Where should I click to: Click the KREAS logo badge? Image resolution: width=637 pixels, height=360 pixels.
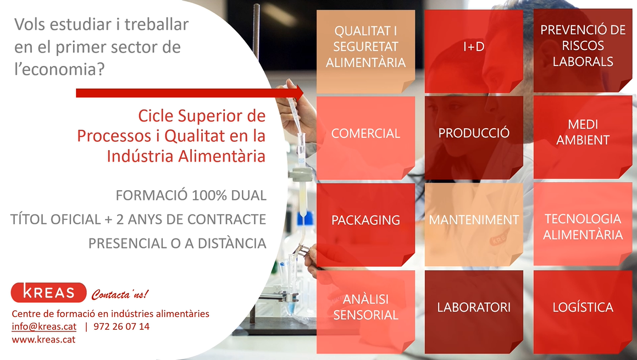tap(49, 292)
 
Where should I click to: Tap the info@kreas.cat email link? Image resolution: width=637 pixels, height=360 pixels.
tap(44, 326)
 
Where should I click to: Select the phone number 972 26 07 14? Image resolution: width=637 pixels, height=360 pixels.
tap(121, 326)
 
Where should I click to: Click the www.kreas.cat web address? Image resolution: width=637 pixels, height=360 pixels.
tap(43, 340)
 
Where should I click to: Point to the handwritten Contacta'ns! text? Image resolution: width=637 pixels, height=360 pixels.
tap(120, 294)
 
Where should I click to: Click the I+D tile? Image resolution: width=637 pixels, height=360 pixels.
tap(474, 52)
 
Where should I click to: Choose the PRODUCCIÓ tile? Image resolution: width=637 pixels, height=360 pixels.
tap(474, 138)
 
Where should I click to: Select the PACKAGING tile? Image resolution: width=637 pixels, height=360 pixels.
tap(365, 225)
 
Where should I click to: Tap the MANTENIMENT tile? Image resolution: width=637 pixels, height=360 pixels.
tap(474, 225)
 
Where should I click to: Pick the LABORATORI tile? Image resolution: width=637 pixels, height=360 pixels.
tap(474, 312)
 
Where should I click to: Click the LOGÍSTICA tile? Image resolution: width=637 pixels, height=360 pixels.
tap(583, 312)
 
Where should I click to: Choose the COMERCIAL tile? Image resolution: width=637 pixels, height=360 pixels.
tap(365, 138)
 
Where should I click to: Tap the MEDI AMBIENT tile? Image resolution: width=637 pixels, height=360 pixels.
tap(583, 137)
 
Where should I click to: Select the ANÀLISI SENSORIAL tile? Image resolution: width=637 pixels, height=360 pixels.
tap(365, 312)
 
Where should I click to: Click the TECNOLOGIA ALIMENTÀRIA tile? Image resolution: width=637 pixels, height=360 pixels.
tap(583, 224)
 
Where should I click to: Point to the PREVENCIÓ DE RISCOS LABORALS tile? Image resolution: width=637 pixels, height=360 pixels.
tap(583, 51)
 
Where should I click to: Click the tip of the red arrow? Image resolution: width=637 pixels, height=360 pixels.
tap(303, 93)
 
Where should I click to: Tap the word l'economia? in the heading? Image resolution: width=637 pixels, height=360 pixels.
tap(59, 69)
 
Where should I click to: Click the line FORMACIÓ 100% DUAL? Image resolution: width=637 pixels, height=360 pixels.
tap(191, 196)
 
